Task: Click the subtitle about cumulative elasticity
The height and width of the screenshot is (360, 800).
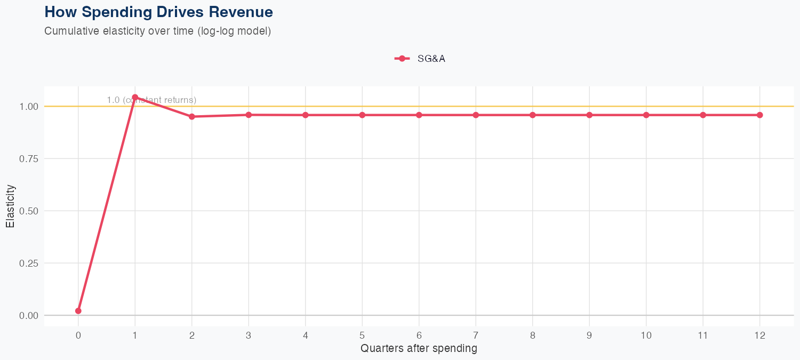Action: point(158,31)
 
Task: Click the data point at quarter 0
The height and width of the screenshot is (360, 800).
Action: point(78,311)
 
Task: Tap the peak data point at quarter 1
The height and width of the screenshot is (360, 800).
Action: point(135,97)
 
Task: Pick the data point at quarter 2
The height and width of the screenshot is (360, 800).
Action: point(192,116)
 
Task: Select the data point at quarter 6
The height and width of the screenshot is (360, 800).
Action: point(419,115)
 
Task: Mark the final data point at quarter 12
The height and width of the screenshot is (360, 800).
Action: point(760,115)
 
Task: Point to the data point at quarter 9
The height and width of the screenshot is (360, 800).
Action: point(589,115)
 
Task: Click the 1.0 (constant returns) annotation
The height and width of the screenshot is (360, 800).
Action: point(151,100)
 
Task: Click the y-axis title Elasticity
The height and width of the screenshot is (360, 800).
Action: point(10,206)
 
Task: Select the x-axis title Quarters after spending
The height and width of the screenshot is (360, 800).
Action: point(419,349)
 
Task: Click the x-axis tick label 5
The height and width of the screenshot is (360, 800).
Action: point(362,335)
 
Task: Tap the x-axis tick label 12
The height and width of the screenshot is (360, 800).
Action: point(760,335)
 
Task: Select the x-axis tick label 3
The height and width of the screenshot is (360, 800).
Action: point(249,335)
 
